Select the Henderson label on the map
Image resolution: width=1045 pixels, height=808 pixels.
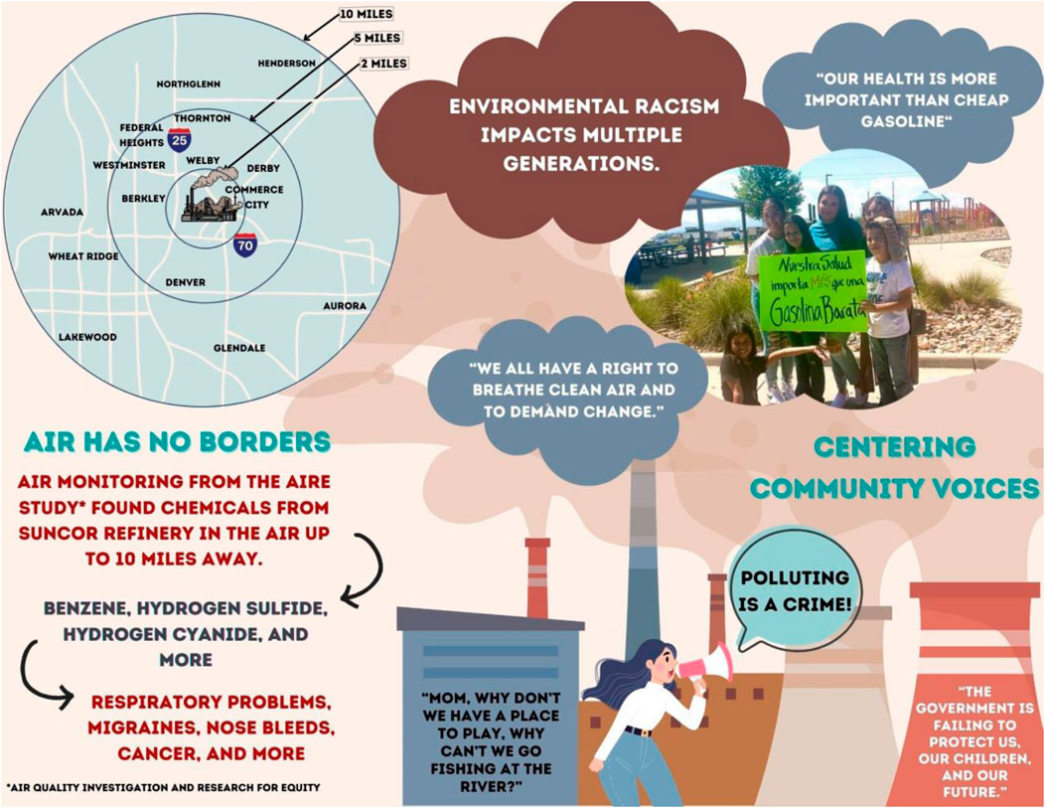[x=286, y=63]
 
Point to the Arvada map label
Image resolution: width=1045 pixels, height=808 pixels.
[x=62, y=212]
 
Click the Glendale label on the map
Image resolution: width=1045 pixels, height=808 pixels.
[x=239, y=348]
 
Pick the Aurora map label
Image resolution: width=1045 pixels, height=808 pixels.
[x=345, y=306]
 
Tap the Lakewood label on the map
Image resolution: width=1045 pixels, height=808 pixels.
[x=87, y=337]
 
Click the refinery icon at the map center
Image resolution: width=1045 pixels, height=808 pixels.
[x=208, y=197]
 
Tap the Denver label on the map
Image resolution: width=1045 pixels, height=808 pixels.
[x=186, y=282]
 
